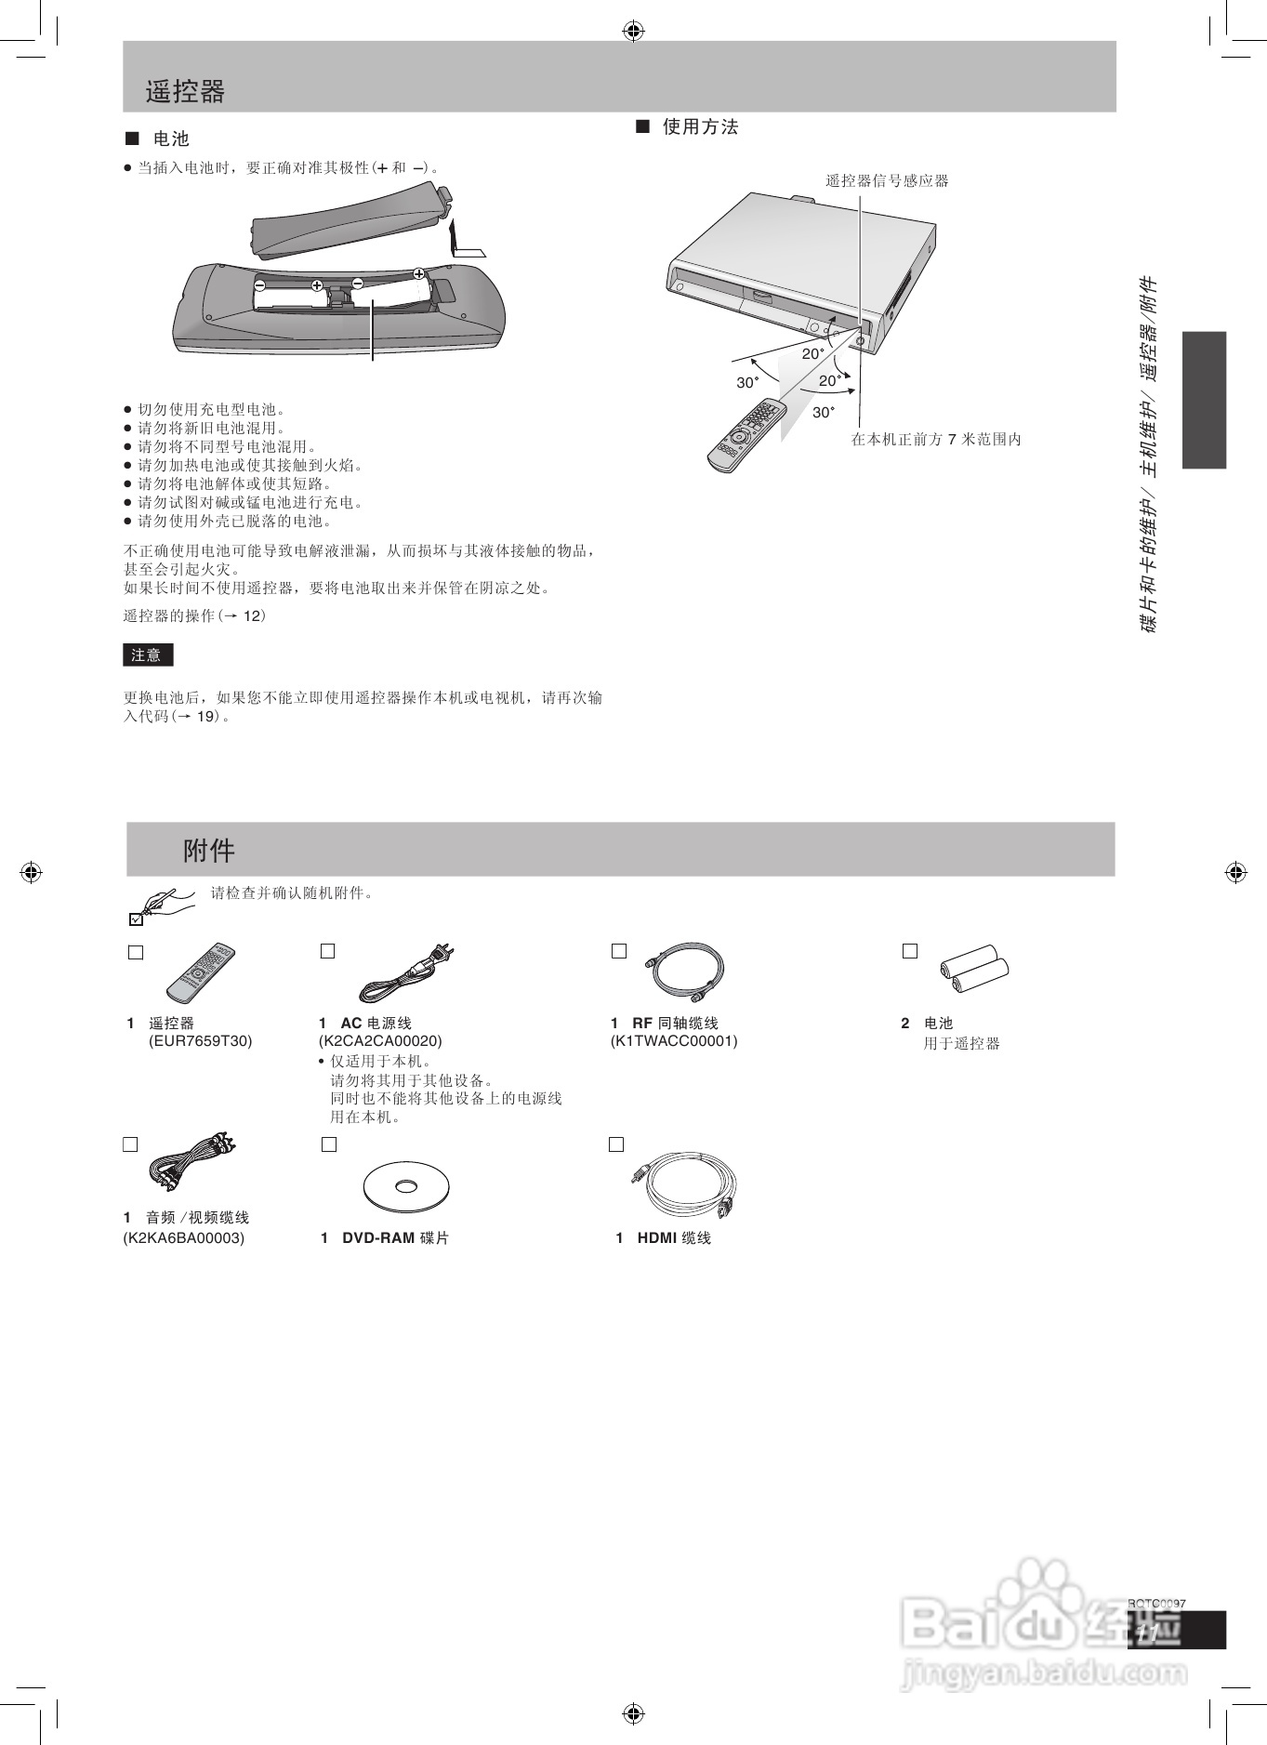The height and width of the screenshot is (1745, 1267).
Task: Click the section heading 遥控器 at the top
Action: (185, 91)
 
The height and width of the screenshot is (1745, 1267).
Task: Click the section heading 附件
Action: (209, 850)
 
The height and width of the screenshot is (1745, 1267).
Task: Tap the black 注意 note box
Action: (148, 654)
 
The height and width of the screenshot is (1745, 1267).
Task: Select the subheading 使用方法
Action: (699, 127)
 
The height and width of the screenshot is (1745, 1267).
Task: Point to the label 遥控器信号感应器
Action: (887, 181)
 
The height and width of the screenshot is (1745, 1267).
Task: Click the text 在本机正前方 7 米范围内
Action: (935, 440)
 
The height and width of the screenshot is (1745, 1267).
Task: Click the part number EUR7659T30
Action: (201, 1041)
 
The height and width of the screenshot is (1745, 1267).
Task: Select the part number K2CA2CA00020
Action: (380, 1041)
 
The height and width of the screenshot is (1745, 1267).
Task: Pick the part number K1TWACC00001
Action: (674, 1041)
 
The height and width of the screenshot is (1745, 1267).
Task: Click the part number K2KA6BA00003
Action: (184, 1238)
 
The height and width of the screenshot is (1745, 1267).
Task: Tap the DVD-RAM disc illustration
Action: (406, 1186)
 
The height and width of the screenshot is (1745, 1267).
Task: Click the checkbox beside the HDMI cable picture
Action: (615, 1144)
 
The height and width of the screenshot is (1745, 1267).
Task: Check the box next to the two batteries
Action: (910, 951)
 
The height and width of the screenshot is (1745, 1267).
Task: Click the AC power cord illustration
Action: (406, 973)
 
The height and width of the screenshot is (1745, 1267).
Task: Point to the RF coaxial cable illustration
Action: (684, 970)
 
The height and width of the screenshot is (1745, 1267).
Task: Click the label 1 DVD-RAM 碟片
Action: (385, 1238)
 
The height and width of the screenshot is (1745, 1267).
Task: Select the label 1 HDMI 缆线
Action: (663, 1238)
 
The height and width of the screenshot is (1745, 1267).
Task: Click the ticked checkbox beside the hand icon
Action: (136, 919)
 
